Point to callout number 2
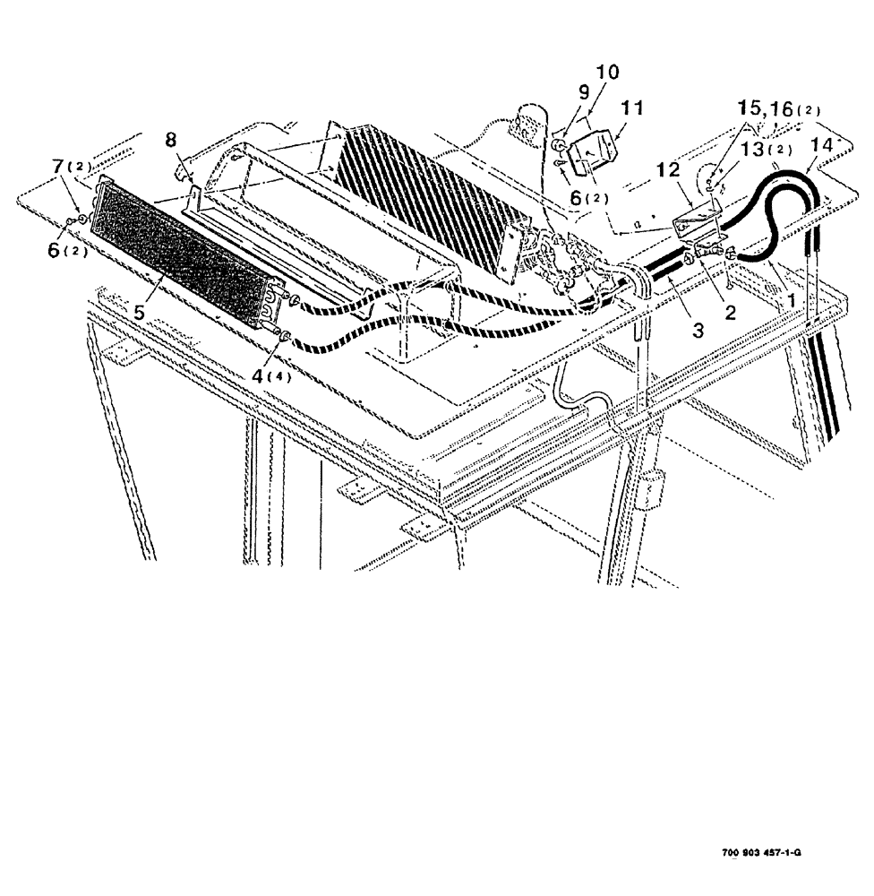pos(730,312)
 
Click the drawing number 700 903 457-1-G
pos(760,853)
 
